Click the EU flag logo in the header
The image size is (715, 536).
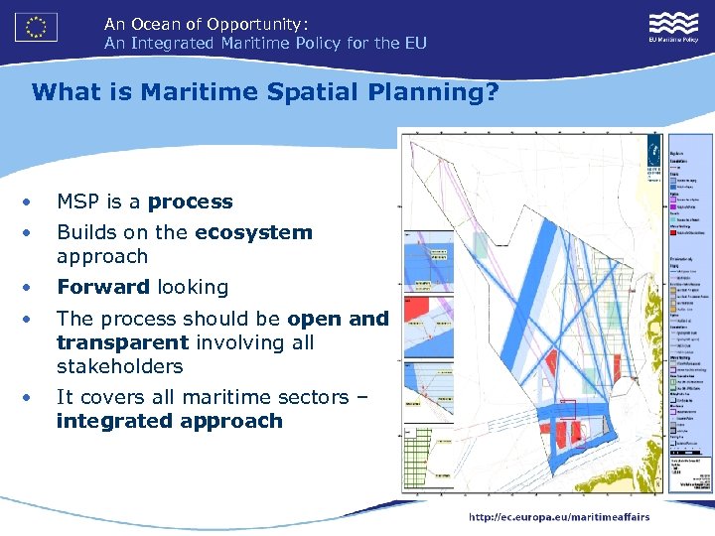coord(36,27)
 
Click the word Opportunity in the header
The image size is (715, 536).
coord(256,23)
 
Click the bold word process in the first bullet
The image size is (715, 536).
coord(190,201)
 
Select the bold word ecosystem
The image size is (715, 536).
coord(253,232)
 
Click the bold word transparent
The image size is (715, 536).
coord(122,342)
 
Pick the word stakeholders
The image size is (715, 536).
coord(119,366)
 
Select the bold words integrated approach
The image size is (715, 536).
coord(169,421)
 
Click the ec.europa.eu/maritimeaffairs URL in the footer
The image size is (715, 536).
coord(560,516)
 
